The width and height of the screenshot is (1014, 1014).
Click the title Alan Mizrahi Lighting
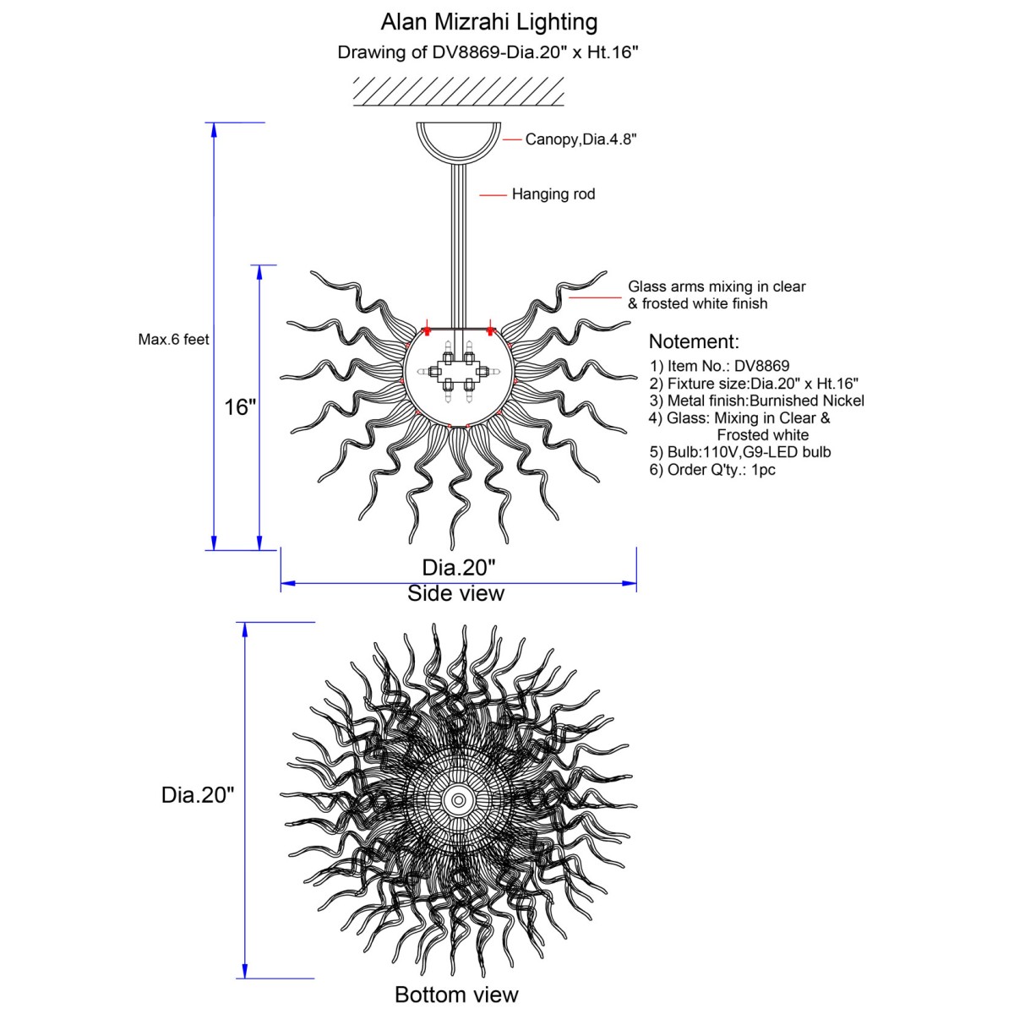pos(489,23)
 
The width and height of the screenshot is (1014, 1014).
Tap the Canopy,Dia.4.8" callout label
pos(581,139)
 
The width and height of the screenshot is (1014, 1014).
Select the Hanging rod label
pos(553,194)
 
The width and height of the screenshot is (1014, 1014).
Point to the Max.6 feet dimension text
pos(174,340)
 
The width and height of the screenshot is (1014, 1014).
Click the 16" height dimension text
pos(240,407)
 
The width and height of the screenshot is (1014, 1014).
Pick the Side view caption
pos(455,593)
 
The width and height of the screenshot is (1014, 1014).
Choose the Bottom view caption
pos(456,994)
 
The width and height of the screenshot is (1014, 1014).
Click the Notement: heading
pos(694,341)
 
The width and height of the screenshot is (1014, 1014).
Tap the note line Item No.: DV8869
pos(720,366)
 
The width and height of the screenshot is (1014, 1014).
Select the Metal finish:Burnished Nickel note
pos(756,401)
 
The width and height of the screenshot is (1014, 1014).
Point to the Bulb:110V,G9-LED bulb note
pos(740,452)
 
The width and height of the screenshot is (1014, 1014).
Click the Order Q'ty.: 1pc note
pos(712,469)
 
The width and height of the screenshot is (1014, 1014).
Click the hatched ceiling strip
pos(458,91)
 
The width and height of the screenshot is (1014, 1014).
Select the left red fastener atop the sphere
pos(427,330)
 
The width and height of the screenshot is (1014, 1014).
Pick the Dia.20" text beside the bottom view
pos(198,794)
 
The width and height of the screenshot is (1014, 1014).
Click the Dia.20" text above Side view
pos(459,568)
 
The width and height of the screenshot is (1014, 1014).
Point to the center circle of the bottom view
pos(458,800)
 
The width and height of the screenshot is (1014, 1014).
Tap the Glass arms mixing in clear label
pos(717,286)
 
